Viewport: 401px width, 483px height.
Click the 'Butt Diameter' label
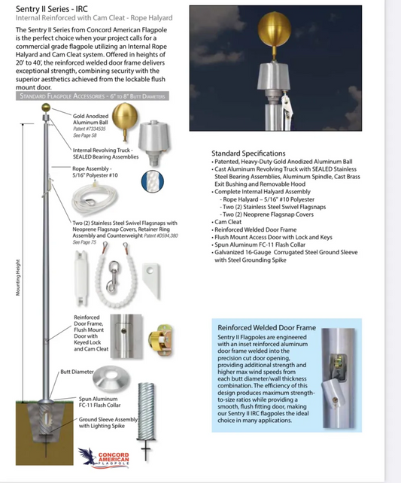click(76, 372)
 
